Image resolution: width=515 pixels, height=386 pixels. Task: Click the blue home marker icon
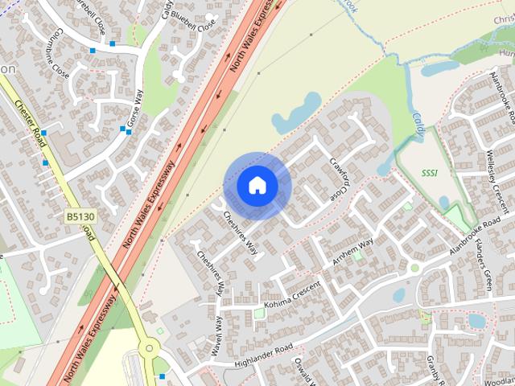click(x=257, y=186)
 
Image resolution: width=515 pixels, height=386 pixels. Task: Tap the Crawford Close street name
click(x=340, y=177)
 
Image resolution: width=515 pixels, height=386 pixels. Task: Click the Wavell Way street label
click(x=218, y=335)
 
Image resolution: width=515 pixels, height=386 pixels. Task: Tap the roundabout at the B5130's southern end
click(x=148, y=349)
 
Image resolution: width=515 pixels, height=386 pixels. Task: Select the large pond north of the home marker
click(x=295, y=111)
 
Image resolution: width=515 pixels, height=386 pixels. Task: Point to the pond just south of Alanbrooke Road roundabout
click(x=399, y=295)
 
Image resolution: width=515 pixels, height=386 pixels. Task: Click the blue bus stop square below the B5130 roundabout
click(x=164, y=376)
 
